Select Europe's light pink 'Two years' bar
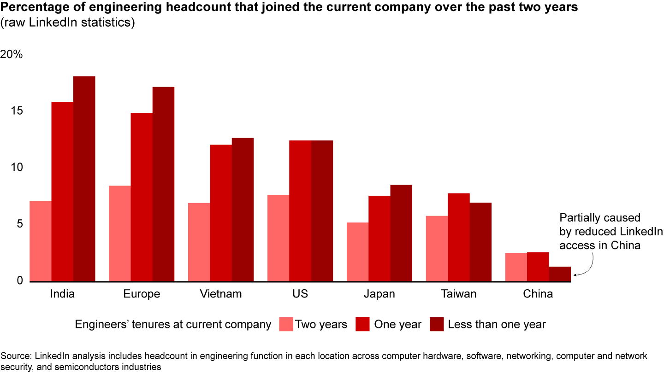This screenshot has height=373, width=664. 119,233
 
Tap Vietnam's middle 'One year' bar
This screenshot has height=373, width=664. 221,213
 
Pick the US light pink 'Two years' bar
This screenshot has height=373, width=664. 278,238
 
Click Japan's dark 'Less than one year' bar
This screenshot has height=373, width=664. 401,233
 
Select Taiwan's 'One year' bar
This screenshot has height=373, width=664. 458,237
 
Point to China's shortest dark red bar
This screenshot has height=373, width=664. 560,274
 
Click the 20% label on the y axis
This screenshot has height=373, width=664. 12,54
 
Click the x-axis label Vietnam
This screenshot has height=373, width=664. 221,294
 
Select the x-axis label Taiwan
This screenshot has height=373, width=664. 458,294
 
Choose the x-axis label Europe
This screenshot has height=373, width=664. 142,294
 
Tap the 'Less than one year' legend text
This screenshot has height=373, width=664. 497,324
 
